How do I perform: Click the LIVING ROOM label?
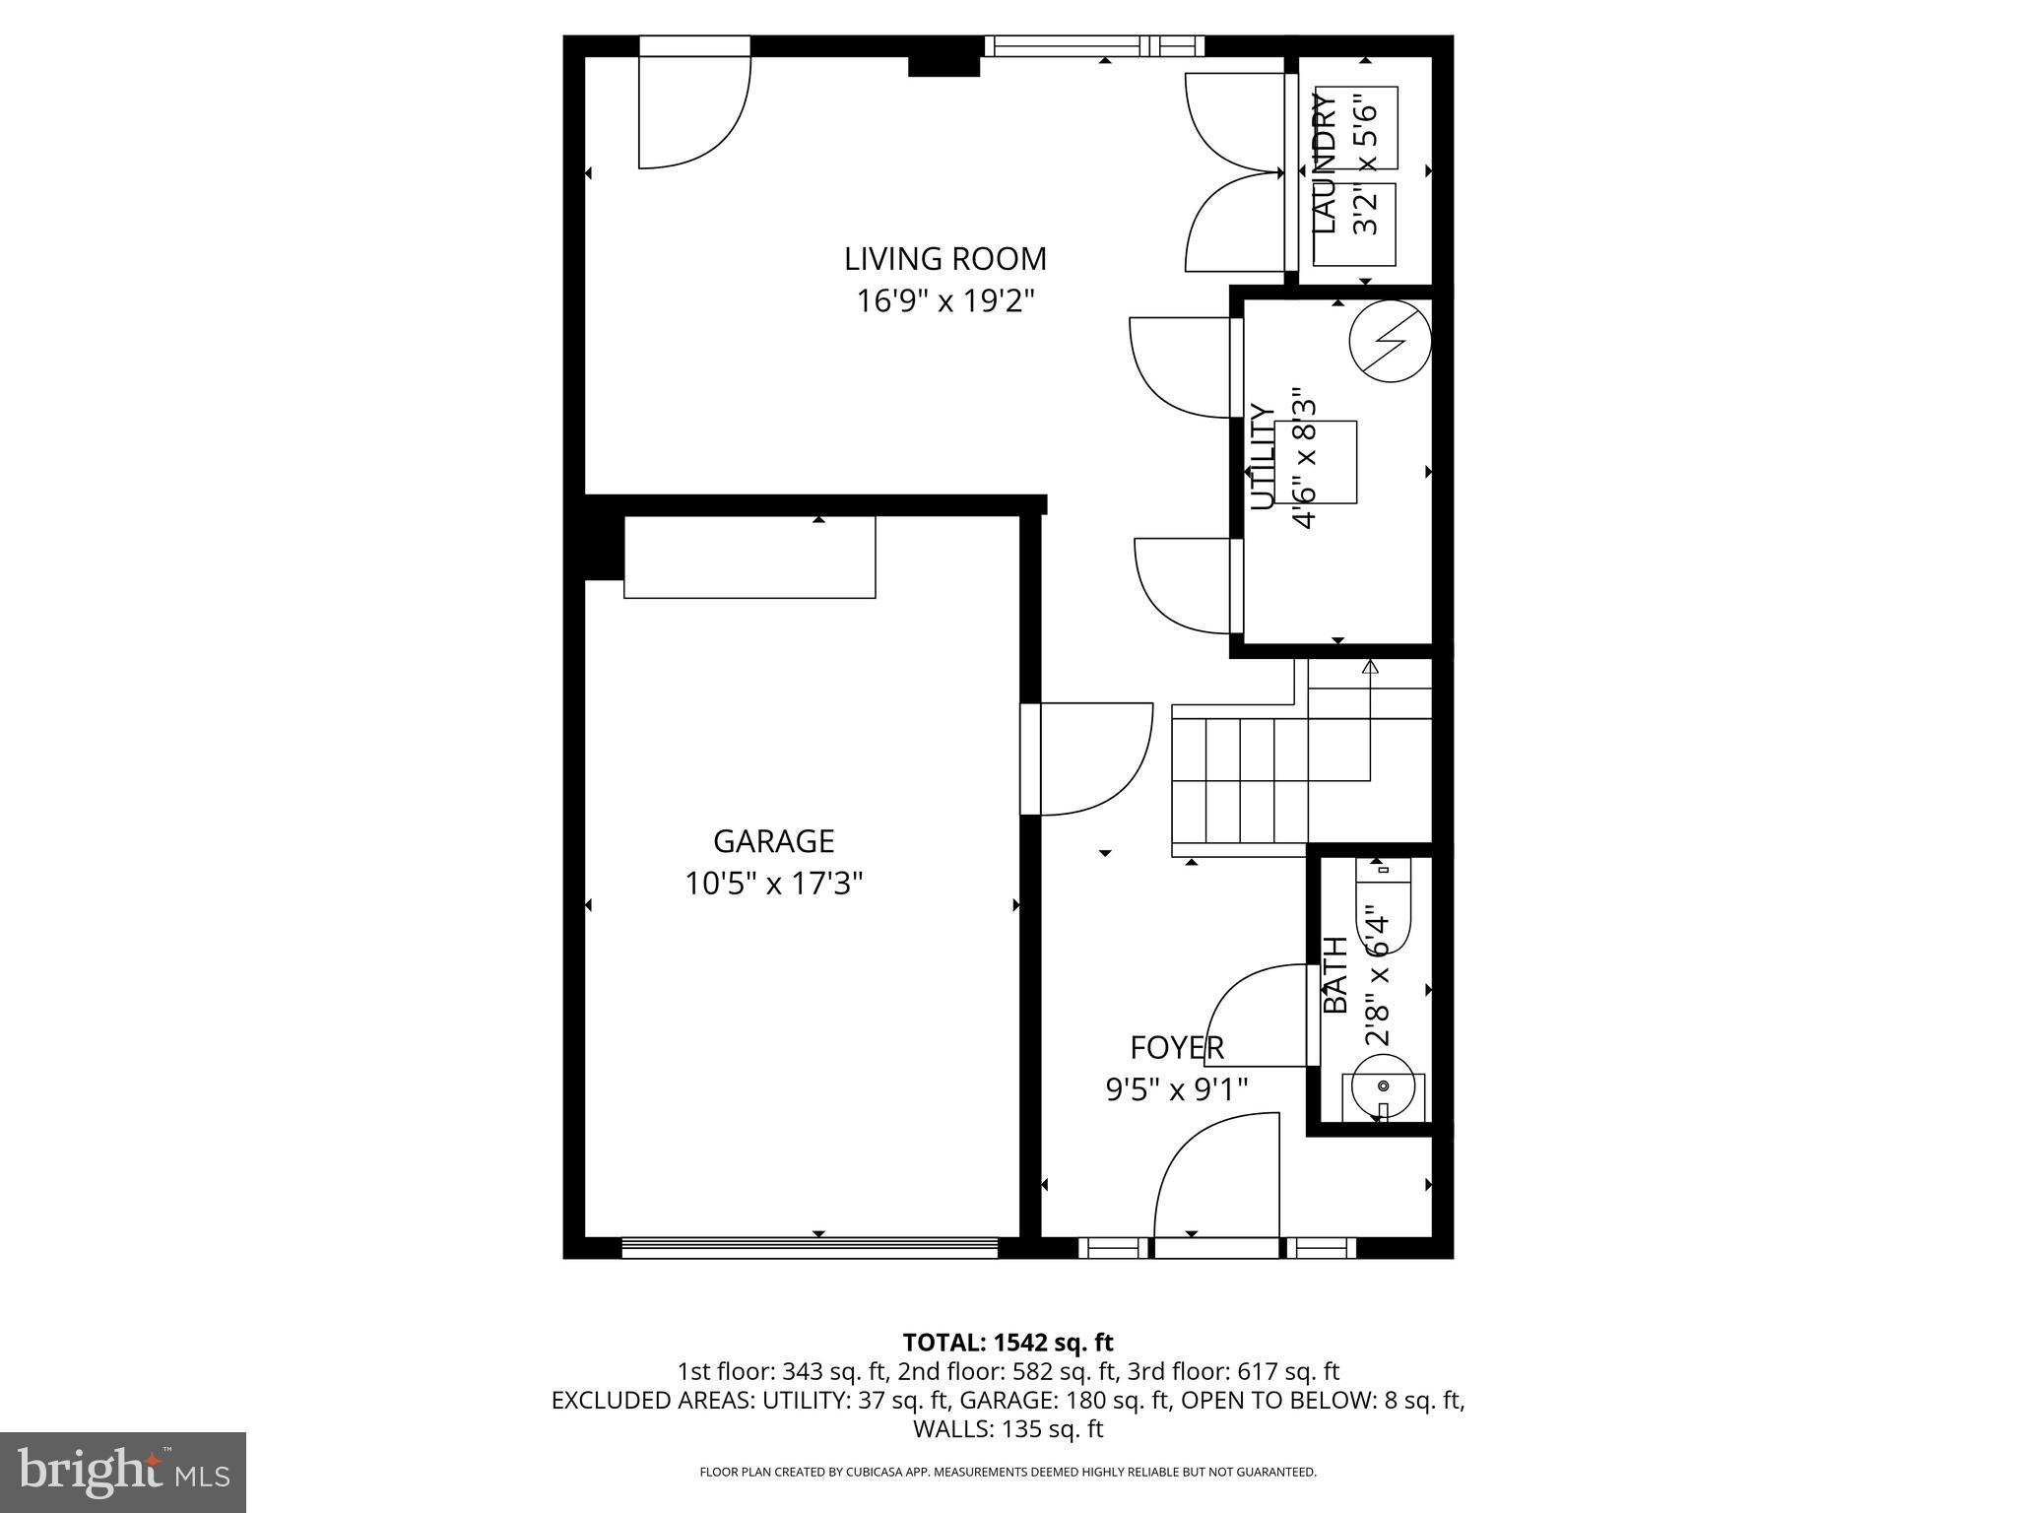click(944, 259)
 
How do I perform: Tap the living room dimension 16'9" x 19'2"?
click(944, 300)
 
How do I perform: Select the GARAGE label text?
click(773, 841)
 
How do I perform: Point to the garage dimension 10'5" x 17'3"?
click(773, 884)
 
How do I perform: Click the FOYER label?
click(1176, 1048)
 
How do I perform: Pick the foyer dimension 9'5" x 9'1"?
click(1176, 1089)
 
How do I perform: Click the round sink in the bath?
click(1383, 1086)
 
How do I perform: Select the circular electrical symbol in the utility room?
click(1389, 340)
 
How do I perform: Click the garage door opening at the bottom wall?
click(810, 1248)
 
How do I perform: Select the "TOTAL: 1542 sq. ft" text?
click(1008, 1342)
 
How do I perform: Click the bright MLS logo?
click(122, 1472)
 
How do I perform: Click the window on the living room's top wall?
click(1093, 45)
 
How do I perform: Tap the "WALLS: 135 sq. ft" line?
click(1008, 1428)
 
